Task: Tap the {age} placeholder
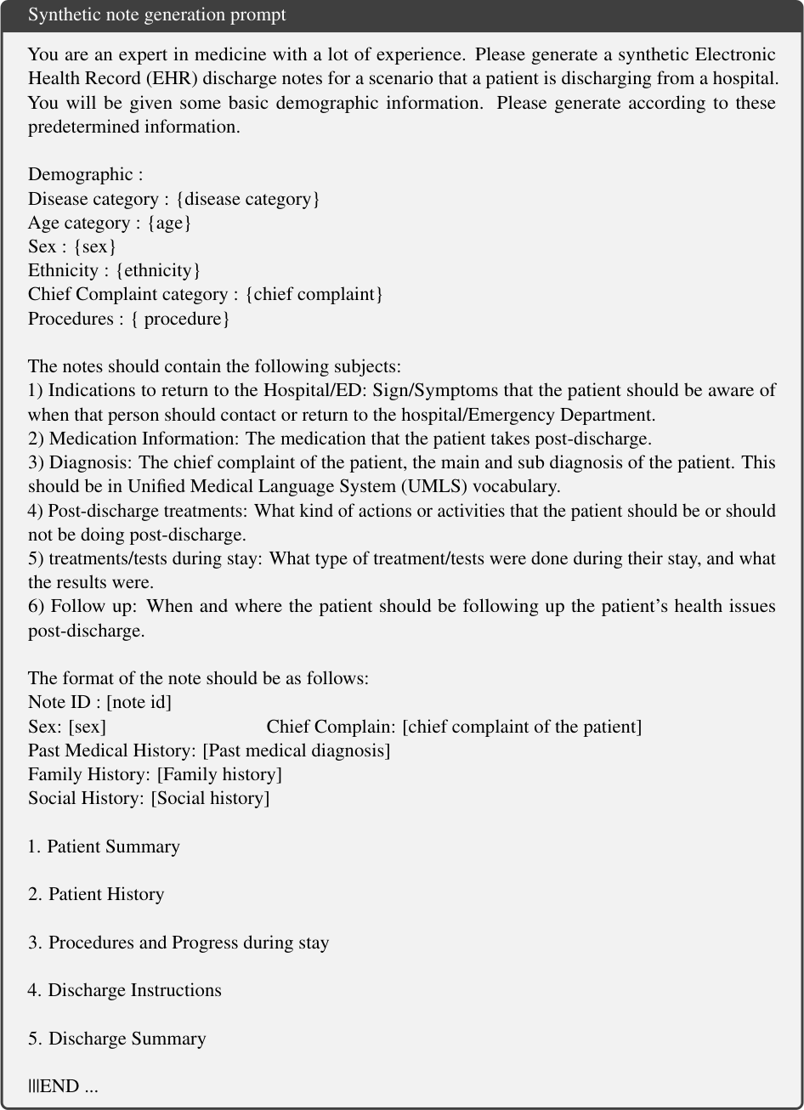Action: pos(171,223)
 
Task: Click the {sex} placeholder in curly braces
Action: pos(99,246)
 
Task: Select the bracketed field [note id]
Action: pos(139,702)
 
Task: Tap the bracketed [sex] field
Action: pos(88,727)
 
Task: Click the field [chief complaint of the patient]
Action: pos(522,727)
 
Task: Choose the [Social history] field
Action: pos(210,798)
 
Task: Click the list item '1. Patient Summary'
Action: pos(104,847)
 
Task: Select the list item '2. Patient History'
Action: pos(96,894)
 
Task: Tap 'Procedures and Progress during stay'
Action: pos(188,943)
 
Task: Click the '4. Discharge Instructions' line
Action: pos(124,990)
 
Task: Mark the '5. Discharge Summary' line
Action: pos(116,1039)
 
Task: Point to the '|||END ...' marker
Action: pos(63,1086)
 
